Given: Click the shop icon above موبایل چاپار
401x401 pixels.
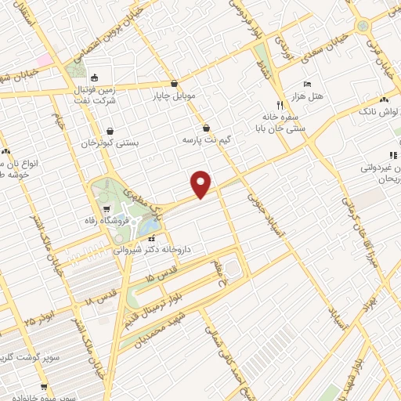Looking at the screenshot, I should click(174, 81).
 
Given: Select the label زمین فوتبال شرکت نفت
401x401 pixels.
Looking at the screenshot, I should click(96, 95).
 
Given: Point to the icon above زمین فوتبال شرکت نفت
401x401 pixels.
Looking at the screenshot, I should click(96, 78).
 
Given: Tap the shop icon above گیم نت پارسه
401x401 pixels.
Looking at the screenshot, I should click(206, 127).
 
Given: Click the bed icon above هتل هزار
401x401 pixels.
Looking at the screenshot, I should click(306, 83).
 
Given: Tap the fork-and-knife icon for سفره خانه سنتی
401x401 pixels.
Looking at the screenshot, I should click(279, 104).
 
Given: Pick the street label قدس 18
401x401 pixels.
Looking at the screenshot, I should click(99, 297).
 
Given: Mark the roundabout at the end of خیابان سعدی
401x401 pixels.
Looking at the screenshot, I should click(363, 26).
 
